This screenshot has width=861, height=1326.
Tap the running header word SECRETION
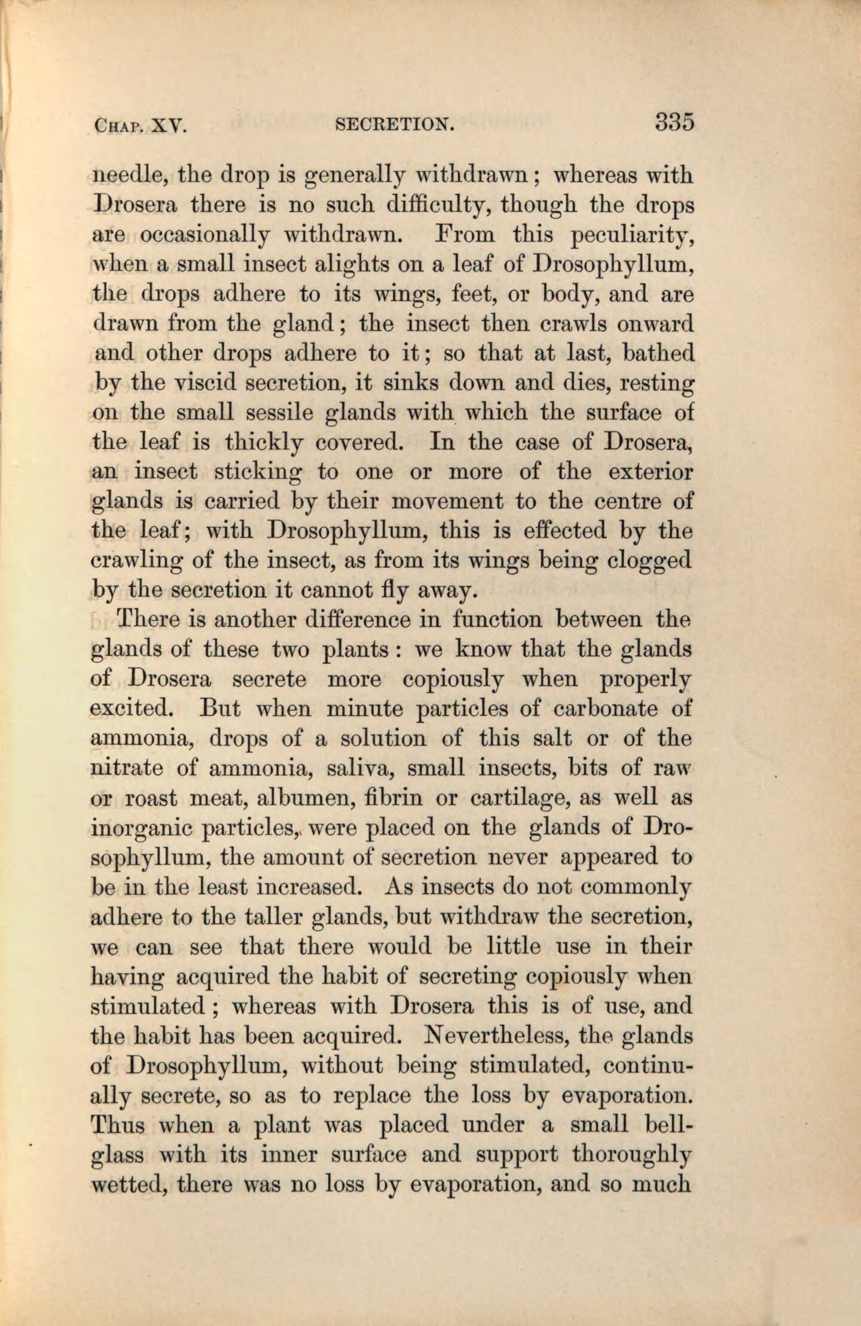(395, 124)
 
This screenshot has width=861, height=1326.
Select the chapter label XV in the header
(170, 126)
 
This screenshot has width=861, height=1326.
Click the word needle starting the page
(124, 176)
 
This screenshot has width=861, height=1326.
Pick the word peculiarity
(633, 236)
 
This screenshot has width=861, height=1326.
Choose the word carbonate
(605, 709)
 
